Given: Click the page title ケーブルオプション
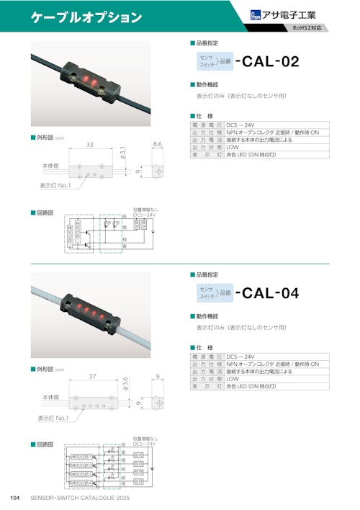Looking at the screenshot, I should coord(86,17).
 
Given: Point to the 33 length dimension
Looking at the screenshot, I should coord(89,145).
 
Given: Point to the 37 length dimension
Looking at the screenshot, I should coord(92,376).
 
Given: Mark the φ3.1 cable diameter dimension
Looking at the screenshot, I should coord(122,152).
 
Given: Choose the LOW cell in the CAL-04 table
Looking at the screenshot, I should coord(233,379).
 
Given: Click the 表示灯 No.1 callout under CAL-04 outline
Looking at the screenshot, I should coord(53,418).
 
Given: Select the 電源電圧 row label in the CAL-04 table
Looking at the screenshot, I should coord(207,357).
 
